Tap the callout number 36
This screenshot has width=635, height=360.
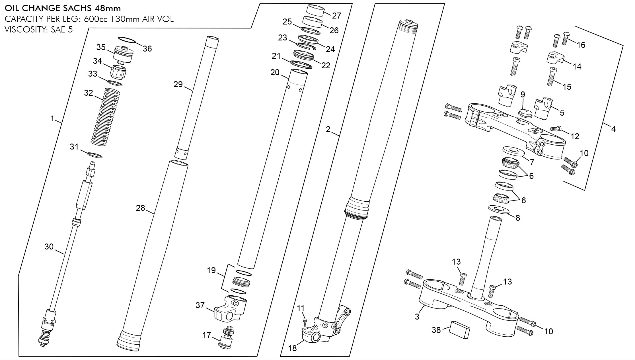point(147,49)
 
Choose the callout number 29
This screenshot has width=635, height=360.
point(178,84)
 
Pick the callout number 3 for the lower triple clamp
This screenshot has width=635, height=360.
point(417,316)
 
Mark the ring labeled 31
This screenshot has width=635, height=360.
point(94,155)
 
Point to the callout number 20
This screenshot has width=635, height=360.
point(275,72)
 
